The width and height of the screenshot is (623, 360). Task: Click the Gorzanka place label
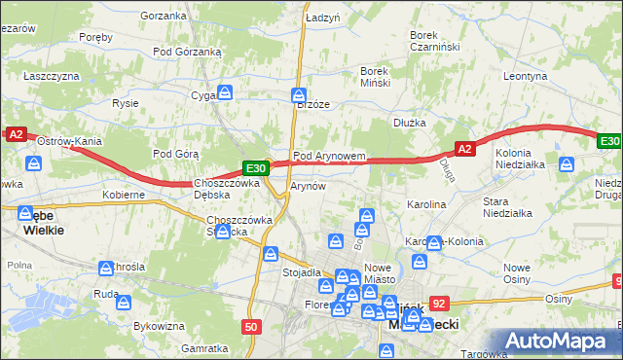point(163,16)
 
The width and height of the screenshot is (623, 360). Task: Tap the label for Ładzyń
point(321,18)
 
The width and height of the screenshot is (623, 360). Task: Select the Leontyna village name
point(527,75)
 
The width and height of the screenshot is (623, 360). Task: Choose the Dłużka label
point(410,123)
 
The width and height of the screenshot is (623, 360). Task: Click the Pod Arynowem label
point(329,156)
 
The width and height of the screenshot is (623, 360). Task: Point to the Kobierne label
point(124,195)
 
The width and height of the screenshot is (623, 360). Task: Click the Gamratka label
point(204,347)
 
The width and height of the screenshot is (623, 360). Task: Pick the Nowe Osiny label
point(517,273)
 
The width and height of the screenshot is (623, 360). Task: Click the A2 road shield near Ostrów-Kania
point(15,135)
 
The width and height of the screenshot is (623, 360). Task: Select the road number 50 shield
point(251,327)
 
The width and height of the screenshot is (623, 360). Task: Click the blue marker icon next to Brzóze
point(299,95)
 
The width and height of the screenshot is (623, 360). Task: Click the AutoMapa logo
point(558,341)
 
